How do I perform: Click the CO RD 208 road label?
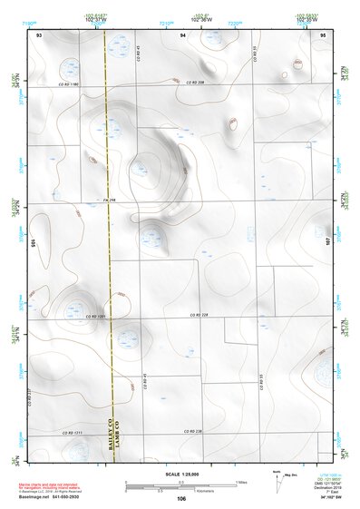pyautogui.click(x=197, y=83)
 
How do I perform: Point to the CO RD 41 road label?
pyautogui.click(x=144, y=382)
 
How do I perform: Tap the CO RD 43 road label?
pyautogui.click(x=139, y=53)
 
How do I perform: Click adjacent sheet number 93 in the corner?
pyautogui.click(x=39, y=34)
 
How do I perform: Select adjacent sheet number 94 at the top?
pyautogui.click(x=182, y=34)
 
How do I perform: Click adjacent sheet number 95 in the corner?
pyautogui.click(x=324, y=34)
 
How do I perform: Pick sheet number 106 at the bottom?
pyautogui.click(x=180, y=498)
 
